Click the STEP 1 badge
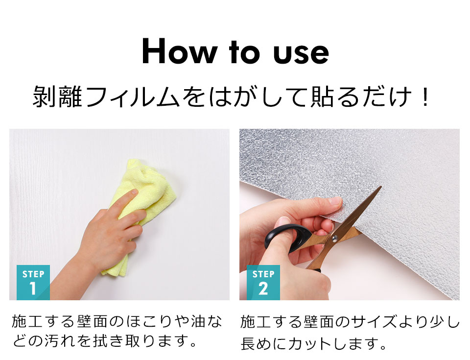tap(33, 282)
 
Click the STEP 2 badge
tap(263, 282)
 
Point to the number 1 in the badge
tap(33, 289)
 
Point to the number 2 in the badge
tap(263, 289)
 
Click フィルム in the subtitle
tap(132, 97)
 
